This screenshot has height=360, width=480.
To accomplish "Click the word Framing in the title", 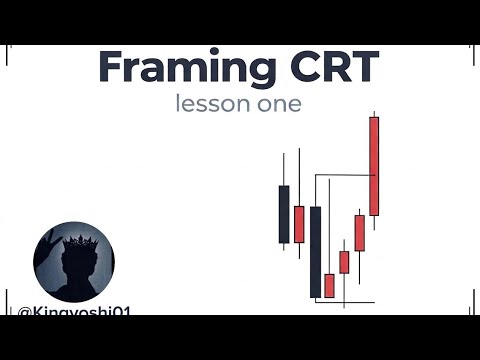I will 186,68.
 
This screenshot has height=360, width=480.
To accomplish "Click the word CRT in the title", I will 330,68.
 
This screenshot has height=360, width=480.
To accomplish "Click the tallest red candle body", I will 374,165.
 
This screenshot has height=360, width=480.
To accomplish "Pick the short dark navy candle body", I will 284,213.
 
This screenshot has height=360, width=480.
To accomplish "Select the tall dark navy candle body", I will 315,251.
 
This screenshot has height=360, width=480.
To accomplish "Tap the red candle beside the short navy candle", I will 299,223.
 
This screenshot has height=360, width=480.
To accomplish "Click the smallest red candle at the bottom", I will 329,285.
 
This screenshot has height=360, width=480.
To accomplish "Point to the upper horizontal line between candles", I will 345,176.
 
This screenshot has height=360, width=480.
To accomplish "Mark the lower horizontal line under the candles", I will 345,302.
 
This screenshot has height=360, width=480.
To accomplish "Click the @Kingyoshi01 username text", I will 75,313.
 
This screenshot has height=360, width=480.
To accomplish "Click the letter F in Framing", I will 113,68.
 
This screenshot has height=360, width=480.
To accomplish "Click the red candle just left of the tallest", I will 359,232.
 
